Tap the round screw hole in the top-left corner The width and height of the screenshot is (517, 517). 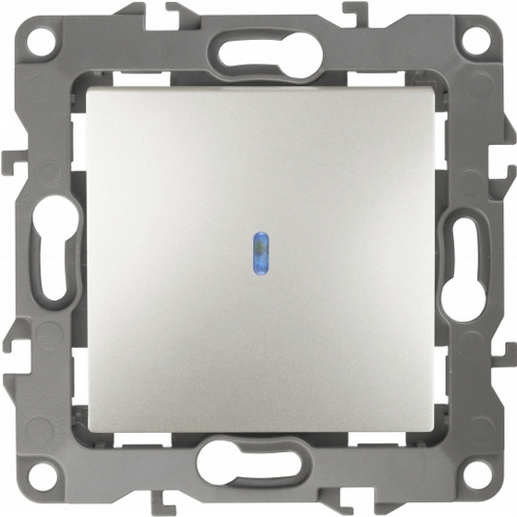pyautogui.click(x=40, y=41)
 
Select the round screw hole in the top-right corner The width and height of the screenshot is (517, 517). pyautogui.click(x=475, y=40)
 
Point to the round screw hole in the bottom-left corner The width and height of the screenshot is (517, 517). pyautogui.click(x=40, y=476)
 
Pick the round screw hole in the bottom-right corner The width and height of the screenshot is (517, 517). pyautogui.click(x=476, y=476)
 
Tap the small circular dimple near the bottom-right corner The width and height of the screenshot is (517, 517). pyautogui.click(x=481, y=427)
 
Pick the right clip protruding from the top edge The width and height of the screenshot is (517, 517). pyautogui.click(x=355, y=13)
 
